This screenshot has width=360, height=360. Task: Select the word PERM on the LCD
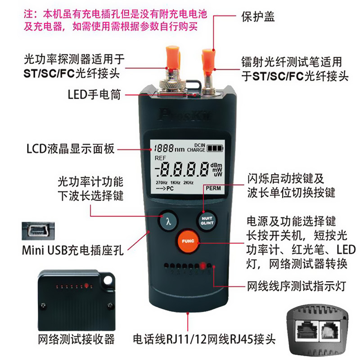[x=213, y=189]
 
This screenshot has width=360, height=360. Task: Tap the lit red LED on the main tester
[x=203, y=265]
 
